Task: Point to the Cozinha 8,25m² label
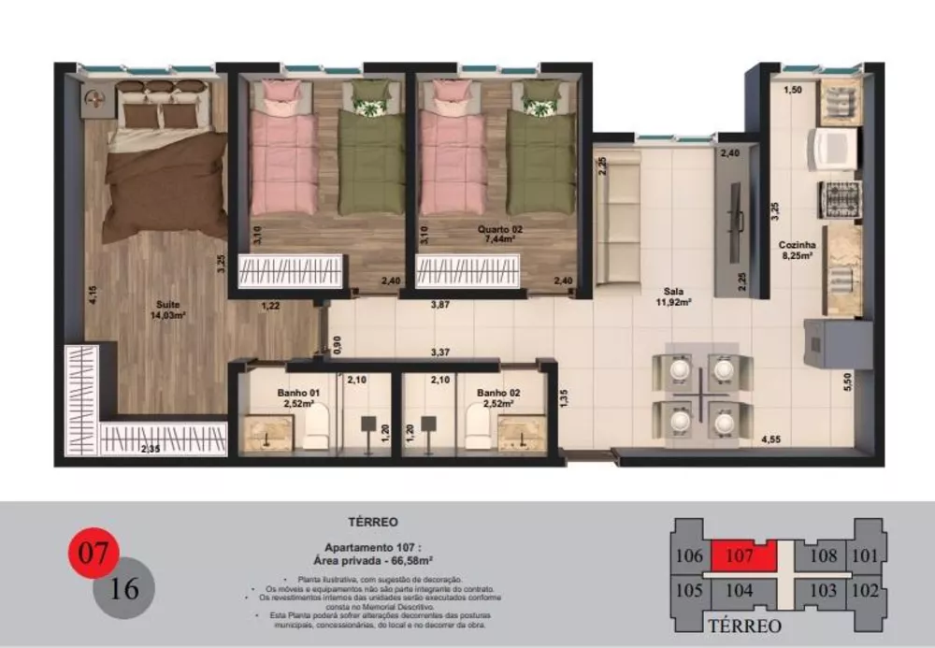[797, 250]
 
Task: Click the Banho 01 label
[299, 398]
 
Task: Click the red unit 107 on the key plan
[740, 555]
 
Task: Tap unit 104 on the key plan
[739, 590]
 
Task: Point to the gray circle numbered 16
[125, 589]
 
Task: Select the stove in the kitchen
[839, 198]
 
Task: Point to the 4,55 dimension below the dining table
[771, 439]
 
